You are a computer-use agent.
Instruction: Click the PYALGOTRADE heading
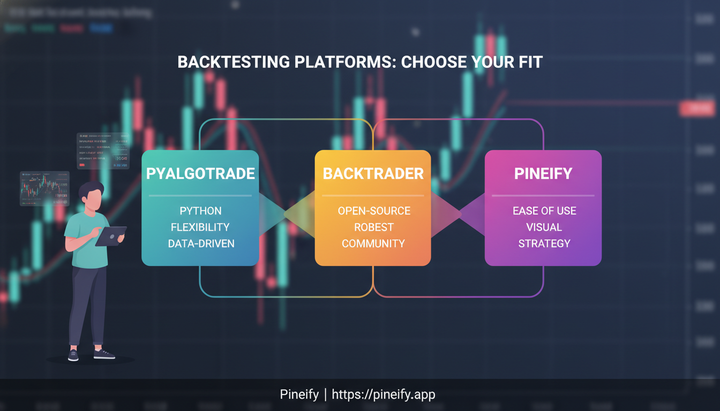click(x=200, y=174)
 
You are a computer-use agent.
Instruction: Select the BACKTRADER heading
click(x=373, y=174)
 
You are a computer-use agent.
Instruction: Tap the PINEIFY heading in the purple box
click(x=543, y=174)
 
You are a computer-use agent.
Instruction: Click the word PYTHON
click(x=200, y=211)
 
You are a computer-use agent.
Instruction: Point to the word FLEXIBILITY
click(x=200, y=227)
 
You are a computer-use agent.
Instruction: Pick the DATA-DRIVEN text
click(x=201, y=243)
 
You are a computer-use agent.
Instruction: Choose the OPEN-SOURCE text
click(x=373, y=211)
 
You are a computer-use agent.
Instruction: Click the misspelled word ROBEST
click(x=373, y=227)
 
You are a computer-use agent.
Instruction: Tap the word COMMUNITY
click(x=373, y=243)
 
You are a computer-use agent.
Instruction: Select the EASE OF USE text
click(x=544, y=211)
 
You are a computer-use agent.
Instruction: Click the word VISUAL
click(x=544, y=227)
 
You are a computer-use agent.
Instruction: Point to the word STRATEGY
click(x=544, y=243)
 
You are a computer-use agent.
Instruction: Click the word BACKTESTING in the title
click(x=233, y=62)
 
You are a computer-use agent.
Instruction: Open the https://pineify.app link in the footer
click(x=384, y=395)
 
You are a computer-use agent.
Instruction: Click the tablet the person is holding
click(x=111, y=235)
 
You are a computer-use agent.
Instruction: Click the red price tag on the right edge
click(x=698, y=109)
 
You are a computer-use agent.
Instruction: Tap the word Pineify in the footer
click(x=299, y=395)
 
